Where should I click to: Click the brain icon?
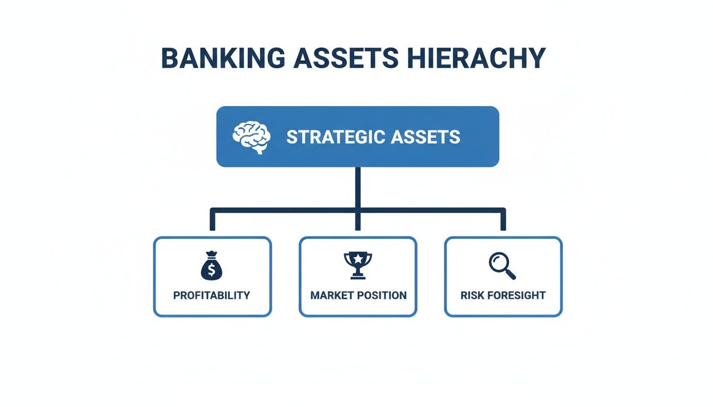click(251, 137)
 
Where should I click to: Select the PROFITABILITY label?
click(212, 295)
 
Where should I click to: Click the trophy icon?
click(358, 265)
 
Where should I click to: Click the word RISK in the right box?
click(472, 295)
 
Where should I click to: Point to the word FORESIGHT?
click(515, 295)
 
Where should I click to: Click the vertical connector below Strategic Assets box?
click(358, 188)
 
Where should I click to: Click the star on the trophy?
click(358, 259)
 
